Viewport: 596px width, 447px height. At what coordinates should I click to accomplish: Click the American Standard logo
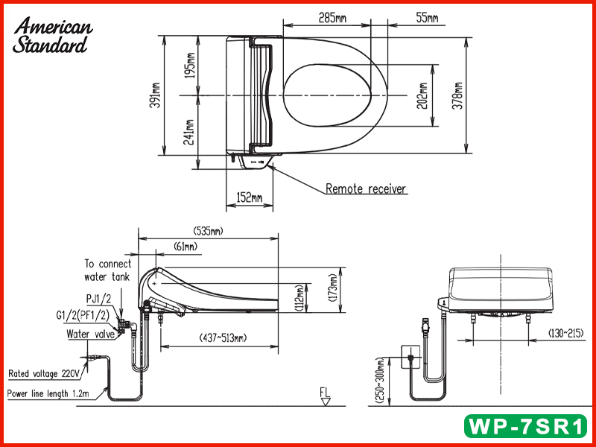coord(53,35)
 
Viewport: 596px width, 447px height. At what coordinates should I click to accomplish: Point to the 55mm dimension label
coord(426,17)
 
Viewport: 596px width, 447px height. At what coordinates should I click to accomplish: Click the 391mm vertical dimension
coord(155,95)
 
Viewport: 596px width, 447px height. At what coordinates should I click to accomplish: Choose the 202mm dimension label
coord(423,95)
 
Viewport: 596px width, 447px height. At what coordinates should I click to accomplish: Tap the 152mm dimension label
coord(249,197)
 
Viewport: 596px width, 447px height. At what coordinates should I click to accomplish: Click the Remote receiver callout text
coord(366,189)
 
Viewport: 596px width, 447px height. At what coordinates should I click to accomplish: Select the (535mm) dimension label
coord(207,231)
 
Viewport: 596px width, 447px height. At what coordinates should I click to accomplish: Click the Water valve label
coord(90,335)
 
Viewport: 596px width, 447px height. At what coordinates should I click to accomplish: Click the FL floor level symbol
coord(325,396)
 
